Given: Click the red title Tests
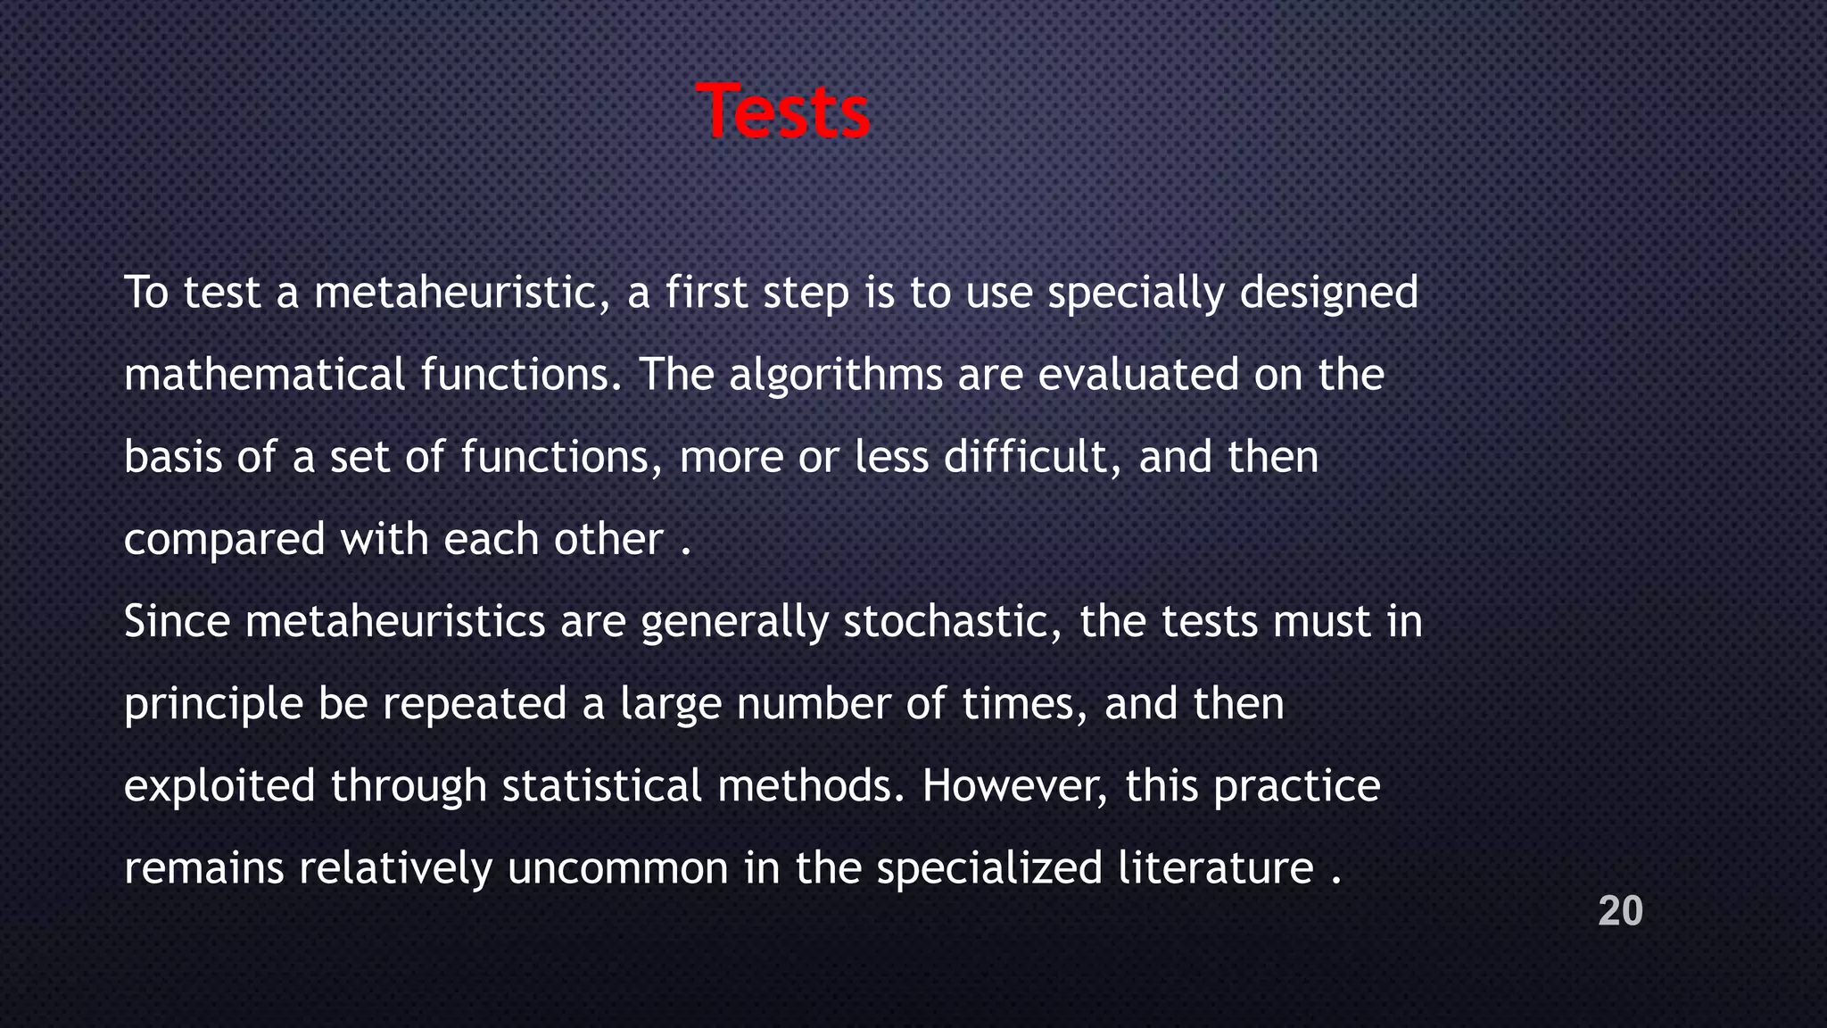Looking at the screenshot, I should click(782, 112).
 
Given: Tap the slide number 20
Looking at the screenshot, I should click(1620, 911).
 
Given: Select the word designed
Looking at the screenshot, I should click(1328, 293).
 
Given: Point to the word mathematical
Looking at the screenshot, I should click(264, 375).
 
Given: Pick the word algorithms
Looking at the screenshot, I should click(836, 375).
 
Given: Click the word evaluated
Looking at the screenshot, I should click(1138, 375).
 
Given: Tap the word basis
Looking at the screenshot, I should click(172, 457).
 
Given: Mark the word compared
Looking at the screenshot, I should click(224, 540).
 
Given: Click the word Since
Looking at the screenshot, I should click(177, 621).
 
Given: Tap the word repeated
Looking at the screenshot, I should click(475, 704).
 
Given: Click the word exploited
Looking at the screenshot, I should click(219, 786).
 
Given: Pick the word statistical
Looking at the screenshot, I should click(602, 786).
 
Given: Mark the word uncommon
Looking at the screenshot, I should click(617, 868).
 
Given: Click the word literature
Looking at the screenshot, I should click(1215, 868).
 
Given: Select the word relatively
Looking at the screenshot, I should click(395, 868).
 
